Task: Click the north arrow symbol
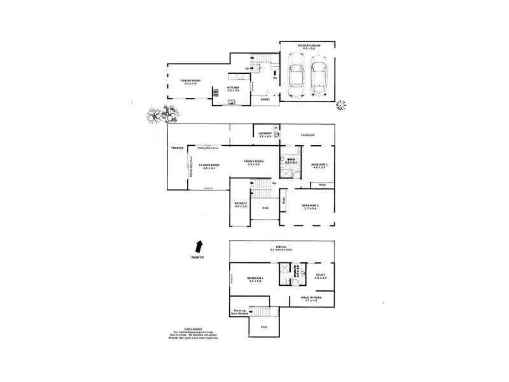coord(200,246)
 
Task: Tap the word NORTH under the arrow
coord(200,258)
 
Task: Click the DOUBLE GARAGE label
coord(307,46)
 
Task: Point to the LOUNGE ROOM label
coord(208,166)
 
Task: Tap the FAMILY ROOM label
coord(254,162)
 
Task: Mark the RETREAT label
coord(240,204)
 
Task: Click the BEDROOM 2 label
coord(310,206)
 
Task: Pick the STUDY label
coord(320,276)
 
